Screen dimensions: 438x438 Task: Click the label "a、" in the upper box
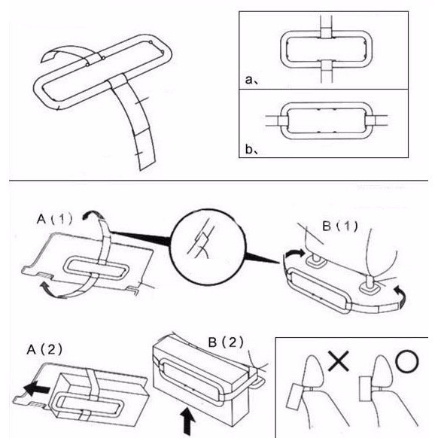click(x=252, y=81)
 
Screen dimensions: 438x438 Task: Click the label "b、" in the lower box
click(x=252, y=150)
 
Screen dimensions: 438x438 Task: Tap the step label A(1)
click(x=55, y=219)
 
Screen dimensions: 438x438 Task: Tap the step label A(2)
click(x=44, y=349)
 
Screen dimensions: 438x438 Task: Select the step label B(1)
click(x=340, y=226)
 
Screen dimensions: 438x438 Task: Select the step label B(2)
click(x=226, y=342)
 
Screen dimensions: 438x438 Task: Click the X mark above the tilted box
click(x=338, y=361)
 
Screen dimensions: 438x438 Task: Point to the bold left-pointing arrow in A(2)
click(x=36, y=389)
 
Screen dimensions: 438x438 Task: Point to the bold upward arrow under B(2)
click(x=187, y=421)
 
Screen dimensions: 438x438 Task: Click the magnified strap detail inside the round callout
click(x=202, y=242)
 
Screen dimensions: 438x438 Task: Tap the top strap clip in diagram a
click(x=326, y=32)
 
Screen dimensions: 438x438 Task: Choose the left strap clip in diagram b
click(x=283, y=120)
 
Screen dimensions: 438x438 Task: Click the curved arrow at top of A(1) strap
click(x=92, y=215)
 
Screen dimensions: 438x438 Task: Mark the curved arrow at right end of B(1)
click(x=400, y=297)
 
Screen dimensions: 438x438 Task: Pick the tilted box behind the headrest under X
click(x=295, y=396)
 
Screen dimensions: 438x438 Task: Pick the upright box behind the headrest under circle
click(x=365, y=389)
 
